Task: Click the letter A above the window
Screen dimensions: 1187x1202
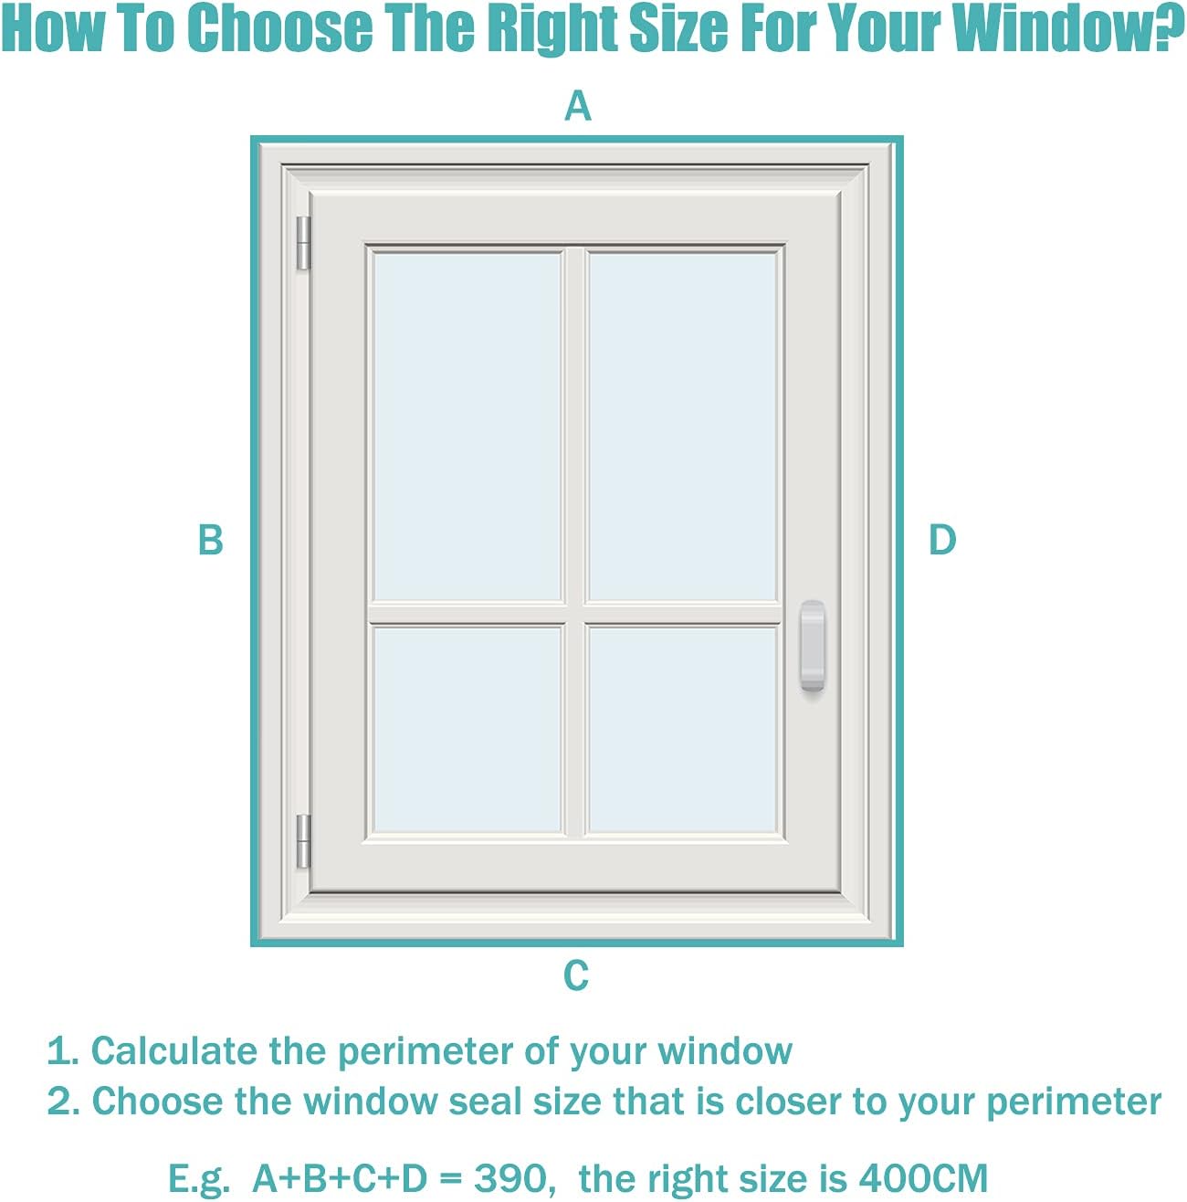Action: coord(578,106)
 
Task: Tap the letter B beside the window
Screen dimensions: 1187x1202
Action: coord(211,540)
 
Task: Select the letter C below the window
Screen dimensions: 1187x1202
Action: coord(576,975)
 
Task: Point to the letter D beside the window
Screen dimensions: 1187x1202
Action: coord(942,540)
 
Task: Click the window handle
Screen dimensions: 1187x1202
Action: coord(813,646)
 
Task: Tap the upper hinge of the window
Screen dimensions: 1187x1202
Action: coord(304,243)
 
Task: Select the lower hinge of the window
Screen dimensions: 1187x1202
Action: coord(304,841)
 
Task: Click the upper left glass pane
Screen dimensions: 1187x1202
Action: coord(467,426)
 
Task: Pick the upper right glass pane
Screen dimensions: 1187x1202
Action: coord(682,426)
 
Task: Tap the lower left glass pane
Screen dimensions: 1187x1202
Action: coord(467,729)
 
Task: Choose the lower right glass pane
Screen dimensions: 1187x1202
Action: coord(682,729)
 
